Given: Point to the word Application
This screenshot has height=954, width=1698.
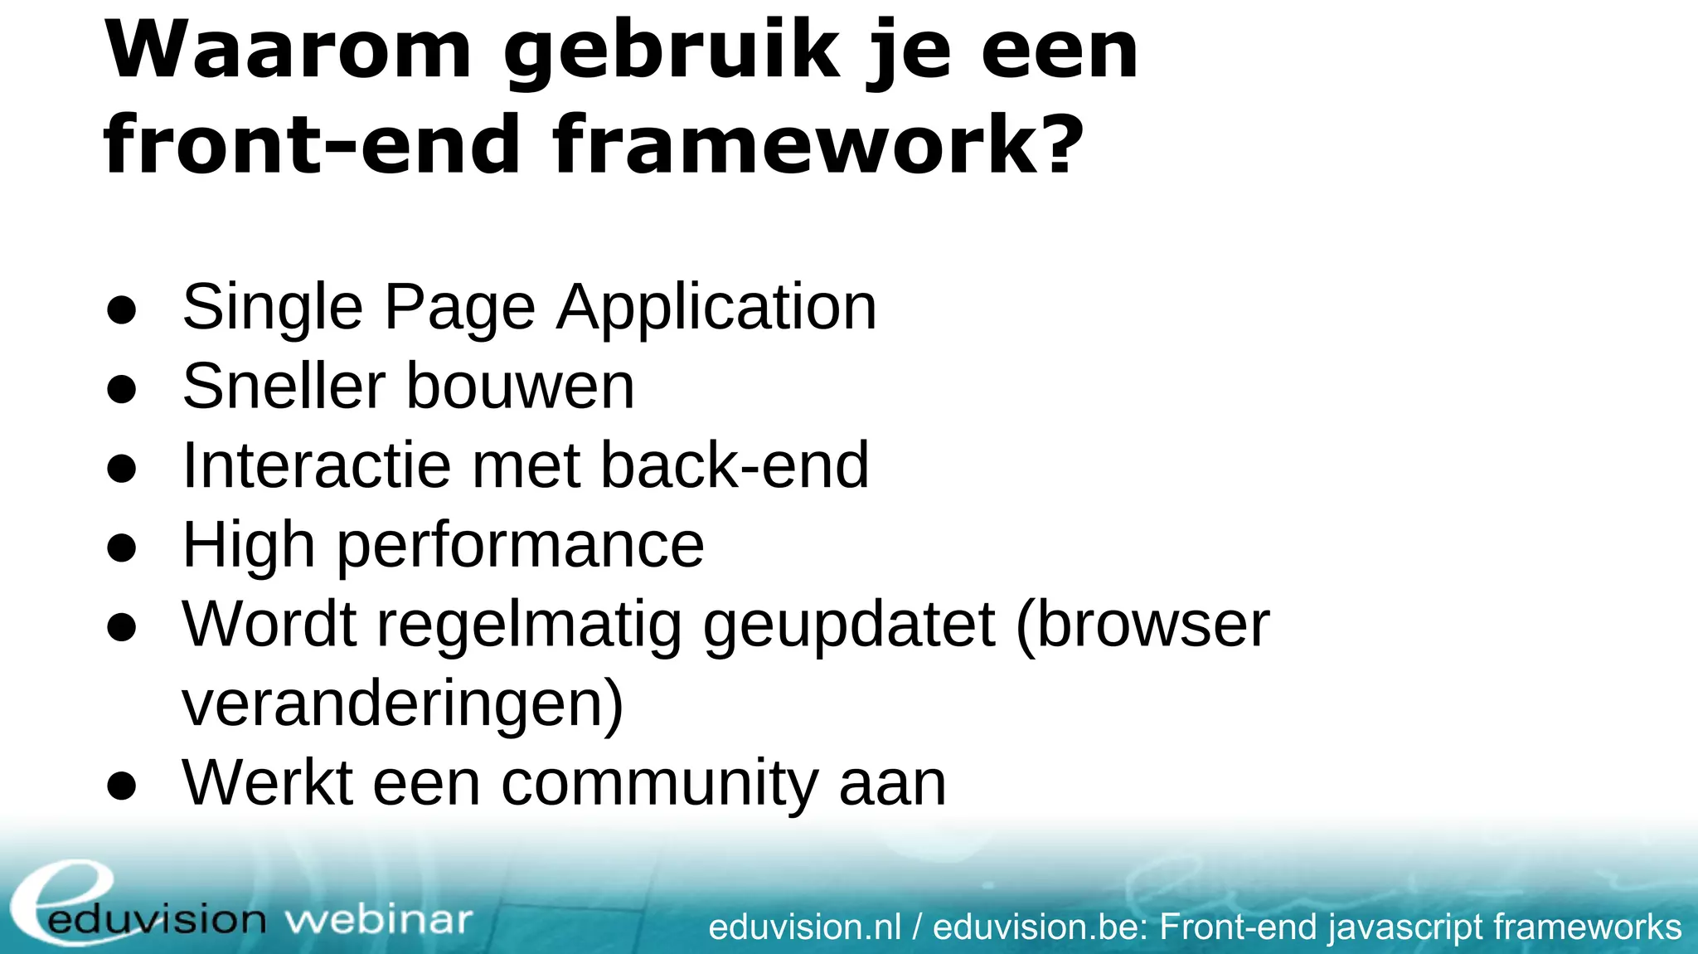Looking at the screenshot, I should click(716, 308).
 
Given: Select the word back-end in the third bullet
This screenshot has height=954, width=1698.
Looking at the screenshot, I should click(735, 465).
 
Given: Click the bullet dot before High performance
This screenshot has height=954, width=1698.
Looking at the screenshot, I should click(121, 548).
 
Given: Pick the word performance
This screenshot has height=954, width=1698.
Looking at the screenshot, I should click(521, 546).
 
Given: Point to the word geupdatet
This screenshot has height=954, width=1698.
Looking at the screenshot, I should click(849, 625).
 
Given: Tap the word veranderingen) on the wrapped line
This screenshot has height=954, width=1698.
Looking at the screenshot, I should click(403, 704).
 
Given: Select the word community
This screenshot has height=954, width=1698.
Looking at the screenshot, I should click(660, 783).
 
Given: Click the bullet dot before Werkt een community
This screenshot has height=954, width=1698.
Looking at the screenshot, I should click(121, 785).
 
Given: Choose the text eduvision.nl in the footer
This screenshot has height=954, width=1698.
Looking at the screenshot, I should click(804, 927).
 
